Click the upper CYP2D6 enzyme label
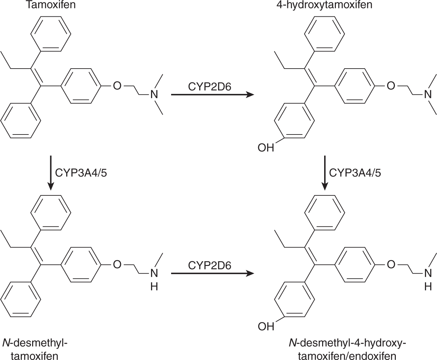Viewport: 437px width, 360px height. [210, 87]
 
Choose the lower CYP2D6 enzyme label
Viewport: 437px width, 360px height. [210, 265]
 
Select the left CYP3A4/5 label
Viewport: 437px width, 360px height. [81, 173]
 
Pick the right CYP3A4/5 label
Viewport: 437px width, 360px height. [355, 173]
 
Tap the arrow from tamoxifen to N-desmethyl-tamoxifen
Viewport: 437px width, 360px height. [50, 173]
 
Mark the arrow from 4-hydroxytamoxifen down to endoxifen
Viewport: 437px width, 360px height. [324, 173]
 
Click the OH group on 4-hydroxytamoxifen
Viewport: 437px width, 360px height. [266, 147]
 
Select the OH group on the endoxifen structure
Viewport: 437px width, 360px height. [266, 326]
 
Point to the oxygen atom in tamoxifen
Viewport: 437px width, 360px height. [117, 86]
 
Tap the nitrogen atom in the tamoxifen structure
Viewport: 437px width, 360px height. [154, 95]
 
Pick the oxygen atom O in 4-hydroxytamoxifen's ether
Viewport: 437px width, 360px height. [390, 86]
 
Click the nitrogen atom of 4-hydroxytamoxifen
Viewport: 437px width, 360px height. [428, 95]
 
